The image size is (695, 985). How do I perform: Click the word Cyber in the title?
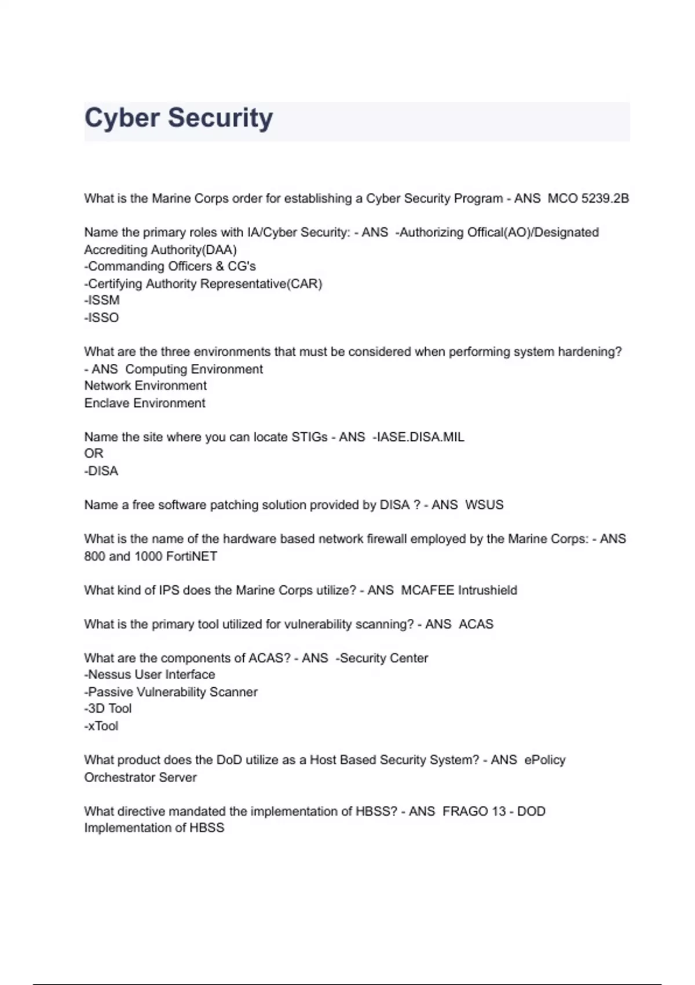tap(122, 118)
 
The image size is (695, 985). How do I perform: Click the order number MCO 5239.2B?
tap(588, 199)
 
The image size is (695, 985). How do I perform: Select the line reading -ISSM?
tap(102, 300)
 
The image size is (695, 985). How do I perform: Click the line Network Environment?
tap(145, 386)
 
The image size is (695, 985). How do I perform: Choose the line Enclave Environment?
tap(145, 403)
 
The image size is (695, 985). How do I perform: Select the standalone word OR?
tap(94, 454)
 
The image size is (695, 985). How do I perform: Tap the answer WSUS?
tap(484, 505)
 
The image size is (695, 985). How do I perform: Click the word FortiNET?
tap(191, 556)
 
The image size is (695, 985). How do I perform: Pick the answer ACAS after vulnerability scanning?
tap(476, 625)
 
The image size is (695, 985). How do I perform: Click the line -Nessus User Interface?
tap(149, 675)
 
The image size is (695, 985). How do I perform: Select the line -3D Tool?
tap(108, 709)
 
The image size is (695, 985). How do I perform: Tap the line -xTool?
tap(101, 726)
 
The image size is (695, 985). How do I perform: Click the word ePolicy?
tap(544, 760)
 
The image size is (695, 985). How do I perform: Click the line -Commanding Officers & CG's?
tap(170, 267)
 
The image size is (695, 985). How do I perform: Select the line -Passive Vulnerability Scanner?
tap(171, 692)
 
